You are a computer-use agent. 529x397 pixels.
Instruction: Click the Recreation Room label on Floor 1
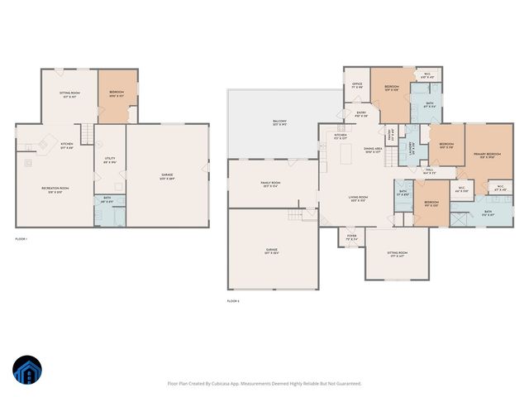55,189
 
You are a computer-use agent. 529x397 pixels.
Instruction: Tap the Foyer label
351,237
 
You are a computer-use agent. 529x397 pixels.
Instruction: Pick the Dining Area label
373,150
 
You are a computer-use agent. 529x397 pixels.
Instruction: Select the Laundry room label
412,148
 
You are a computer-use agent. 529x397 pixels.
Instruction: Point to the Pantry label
391,133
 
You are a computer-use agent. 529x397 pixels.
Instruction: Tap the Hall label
429,171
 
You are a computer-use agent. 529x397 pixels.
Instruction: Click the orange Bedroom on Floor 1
117,93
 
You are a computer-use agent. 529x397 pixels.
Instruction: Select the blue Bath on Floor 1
107,199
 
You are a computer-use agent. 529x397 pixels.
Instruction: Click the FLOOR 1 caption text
21,239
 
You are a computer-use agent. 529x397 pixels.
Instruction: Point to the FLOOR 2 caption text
233,301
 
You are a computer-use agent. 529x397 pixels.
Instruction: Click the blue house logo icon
26,371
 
